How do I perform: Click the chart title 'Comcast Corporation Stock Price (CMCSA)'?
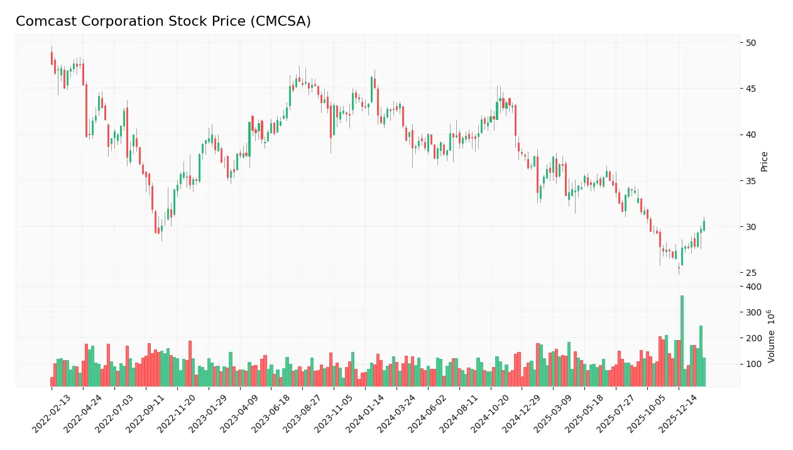tap(163, 21)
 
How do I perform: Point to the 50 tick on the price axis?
tap(751, 43)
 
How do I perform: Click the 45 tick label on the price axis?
tap(751, 89)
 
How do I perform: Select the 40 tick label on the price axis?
tap(751, 134)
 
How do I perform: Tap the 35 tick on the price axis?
tap(751, 181)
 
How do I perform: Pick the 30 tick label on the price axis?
tap(751, 227)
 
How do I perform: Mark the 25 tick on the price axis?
tap(751, 273)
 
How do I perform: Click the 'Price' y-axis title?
tap(765, 162)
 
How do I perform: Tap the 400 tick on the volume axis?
tap(753, 287)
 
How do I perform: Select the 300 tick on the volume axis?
tap(753, 312)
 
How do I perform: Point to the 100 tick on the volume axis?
tap(753, 364)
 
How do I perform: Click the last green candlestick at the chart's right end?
tap(704, 226)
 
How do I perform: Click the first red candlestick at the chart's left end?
tap(52, 58)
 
